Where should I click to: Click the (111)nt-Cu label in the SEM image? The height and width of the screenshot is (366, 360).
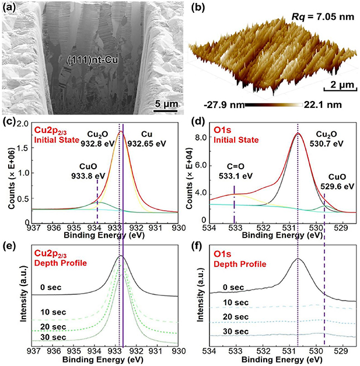[x=90, y=58]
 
